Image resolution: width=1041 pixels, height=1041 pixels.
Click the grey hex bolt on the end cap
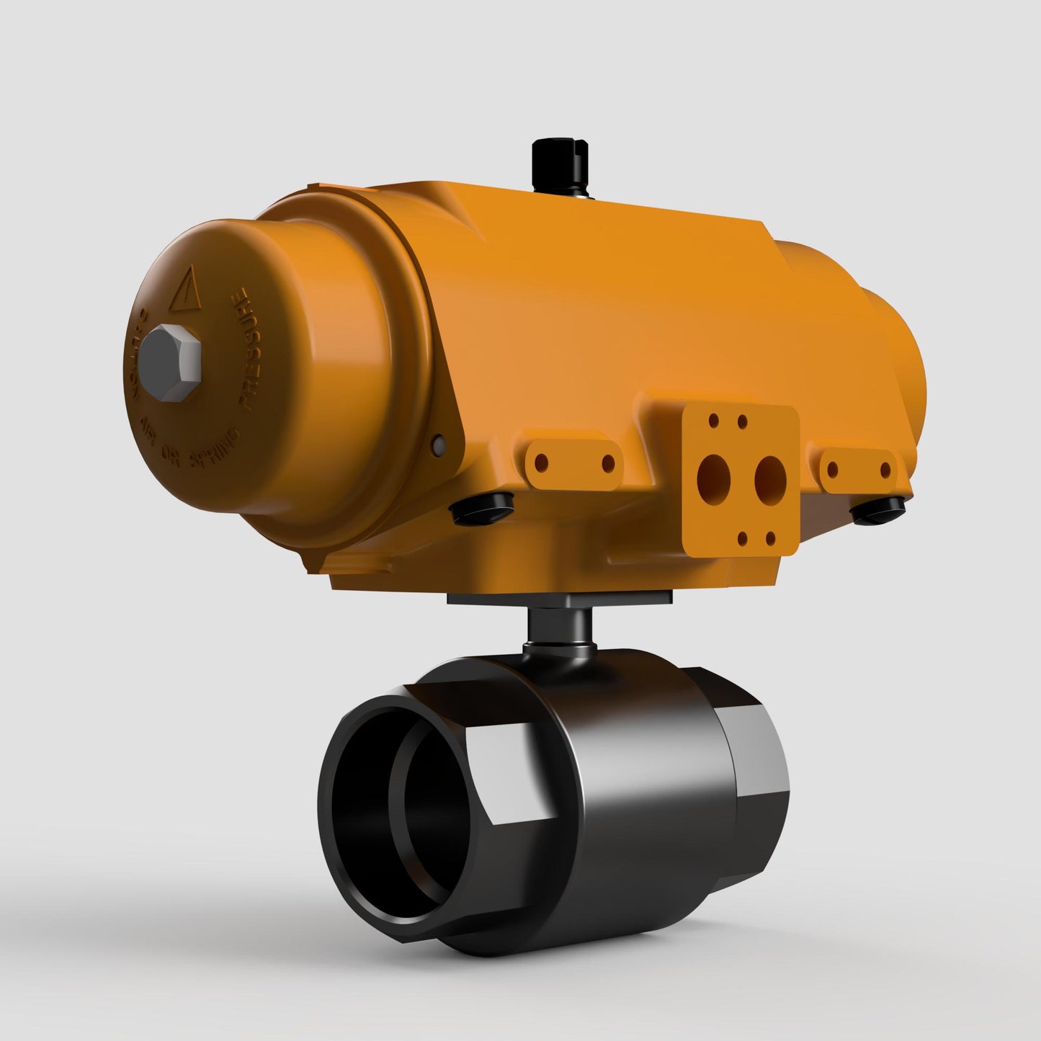(x=171, y=362)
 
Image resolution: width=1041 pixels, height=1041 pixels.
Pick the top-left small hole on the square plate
(x=712, y=418)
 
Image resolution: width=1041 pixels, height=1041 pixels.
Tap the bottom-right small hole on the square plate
(x=770, y=537)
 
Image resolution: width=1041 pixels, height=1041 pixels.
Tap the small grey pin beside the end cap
(x=437, y=444)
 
